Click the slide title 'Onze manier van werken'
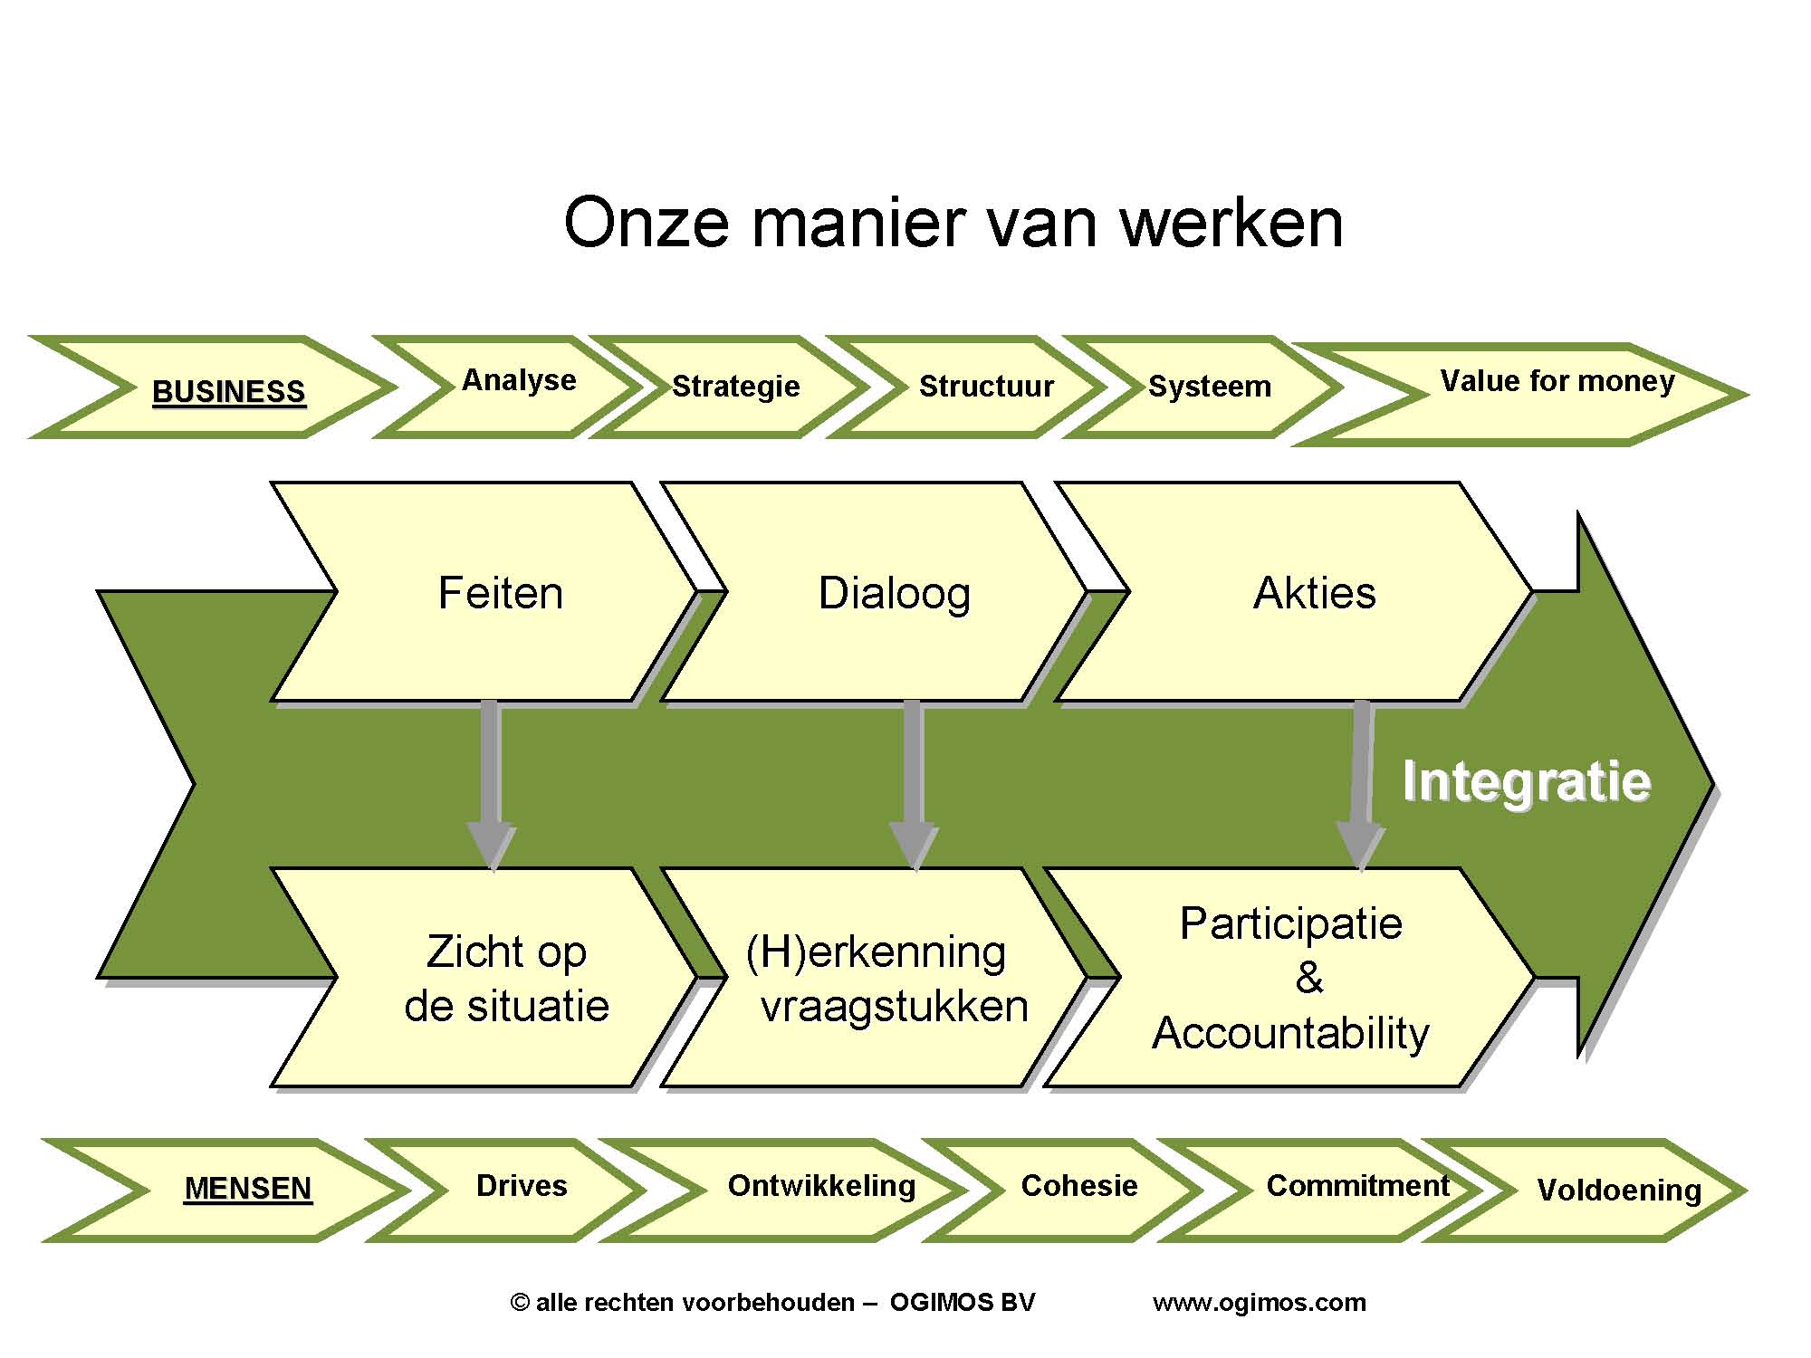[x=953, y=223]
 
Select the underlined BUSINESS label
[x=228, y=391]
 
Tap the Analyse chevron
[x=519, y=381]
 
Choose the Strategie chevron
[x=735, y=387]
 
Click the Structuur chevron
[x=986, y=387]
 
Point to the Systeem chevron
[x=1210, y=387]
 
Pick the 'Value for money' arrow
[x=1557, y=382]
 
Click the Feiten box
[x=500, y=593]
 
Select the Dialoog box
[x=894, y=593]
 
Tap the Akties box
[x=1314, y=593]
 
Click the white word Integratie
[x=1527, y=781]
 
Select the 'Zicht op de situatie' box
[x=506, y=978]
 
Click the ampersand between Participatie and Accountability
[x=1308, y=978]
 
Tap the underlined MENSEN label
[x=247, y=1188]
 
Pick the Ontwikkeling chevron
[x=821, y=1186]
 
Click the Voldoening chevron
[x=1619, y=1190]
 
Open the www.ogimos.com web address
[x=1259, y=1303]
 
